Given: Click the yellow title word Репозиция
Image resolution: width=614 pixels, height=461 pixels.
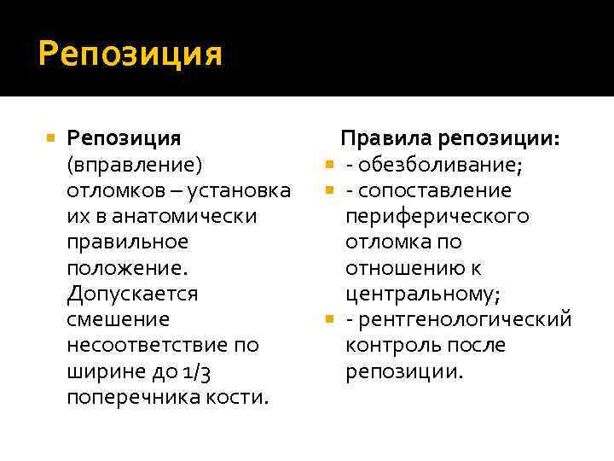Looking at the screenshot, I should point(130,55).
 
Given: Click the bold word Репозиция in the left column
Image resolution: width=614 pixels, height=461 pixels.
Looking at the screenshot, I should point(124,137).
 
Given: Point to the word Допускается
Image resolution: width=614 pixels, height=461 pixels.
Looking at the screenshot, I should point(132,294).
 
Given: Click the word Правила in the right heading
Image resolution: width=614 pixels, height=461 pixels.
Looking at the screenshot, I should point(387,137).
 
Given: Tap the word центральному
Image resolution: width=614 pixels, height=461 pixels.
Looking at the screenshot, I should point(423,294).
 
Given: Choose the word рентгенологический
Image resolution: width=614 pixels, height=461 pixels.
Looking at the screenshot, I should point(466,319).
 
